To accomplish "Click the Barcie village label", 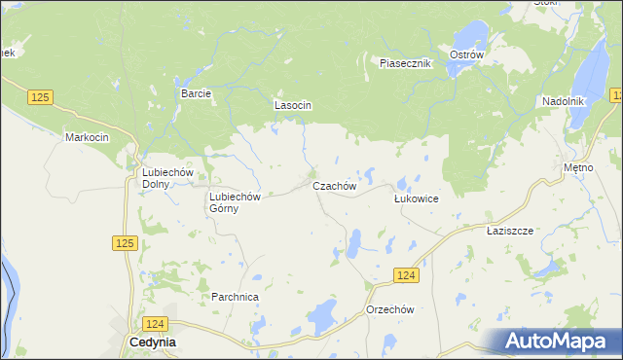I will pos(196,93).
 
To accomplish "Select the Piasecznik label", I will pos(405,63).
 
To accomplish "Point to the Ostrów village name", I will pos(467,55).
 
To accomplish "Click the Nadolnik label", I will pos(562,101).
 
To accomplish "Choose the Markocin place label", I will pos(87,137).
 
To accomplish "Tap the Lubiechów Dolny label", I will pos(156,177).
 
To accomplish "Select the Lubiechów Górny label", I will pos(237,201).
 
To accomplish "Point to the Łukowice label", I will pos(416,198).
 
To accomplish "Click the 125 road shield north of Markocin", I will pos(40,97).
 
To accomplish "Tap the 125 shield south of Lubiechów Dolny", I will pos(123,242).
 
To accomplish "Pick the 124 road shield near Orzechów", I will pos(407,276).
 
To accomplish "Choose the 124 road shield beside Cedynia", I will pos(155,322).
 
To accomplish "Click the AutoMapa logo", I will pos(559,342).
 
